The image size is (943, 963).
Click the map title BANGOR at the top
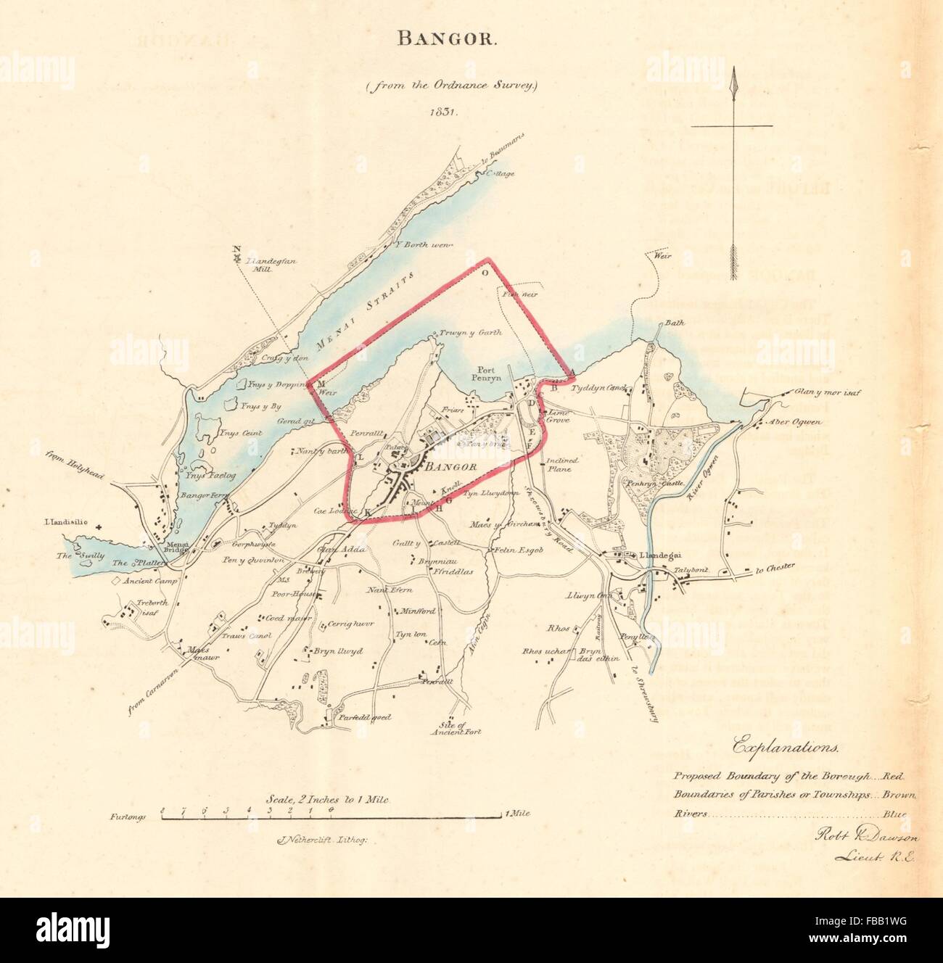[x=447, y=40]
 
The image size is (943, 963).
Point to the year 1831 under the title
[x=446, y=112]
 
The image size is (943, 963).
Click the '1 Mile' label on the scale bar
[x=517, y=814]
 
